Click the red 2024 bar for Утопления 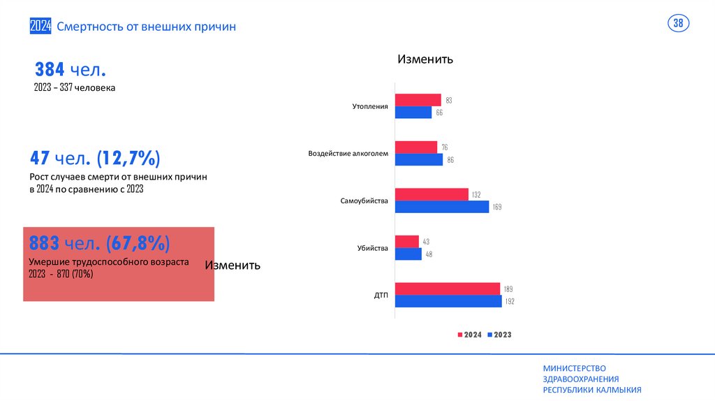[x=418, y=100]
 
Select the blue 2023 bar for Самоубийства [x=442, y=207]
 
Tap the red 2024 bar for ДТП [x=448, y=289]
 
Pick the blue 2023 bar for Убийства [x=408, y=254]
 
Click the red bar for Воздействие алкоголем [x=416, y=147]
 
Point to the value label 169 [x=497, y=207]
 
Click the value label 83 [x=449, y=101]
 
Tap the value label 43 [x=426, y=242]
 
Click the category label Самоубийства [x=364, y=201]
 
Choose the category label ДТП [x=381, y=296]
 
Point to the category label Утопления [x=370, y=107]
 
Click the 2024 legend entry [x=469, y=335]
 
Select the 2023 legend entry [x=499, y=335]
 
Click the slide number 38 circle [x=678, y=24]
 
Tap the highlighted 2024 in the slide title [x=40, y=27]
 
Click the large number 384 [x=50, y=69]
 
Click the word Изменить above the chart [x=425, y=59]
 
